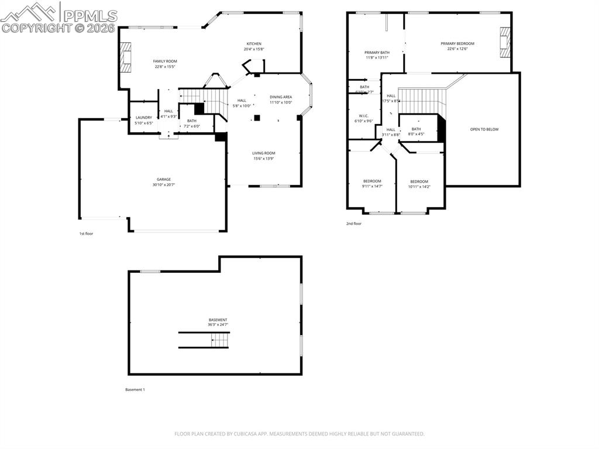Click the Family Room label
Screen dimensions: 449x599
(x=165, y=61)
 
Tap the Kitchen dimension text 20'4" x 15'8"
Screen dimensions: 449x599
(x=254, y=49)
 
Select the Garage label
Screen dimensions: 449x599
(x=164, y=180)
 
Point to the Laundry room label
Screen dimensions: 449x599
(x=144, y=118)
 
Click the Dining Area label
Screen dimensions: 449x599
(x=281, y=97)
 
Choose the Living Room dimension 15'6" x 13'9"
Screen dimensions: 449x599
(x=264, y=159)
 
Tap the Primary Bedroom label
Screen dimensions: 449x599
(x=457, y=43)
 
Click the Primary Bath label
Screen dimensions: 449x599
(x=377, y=53)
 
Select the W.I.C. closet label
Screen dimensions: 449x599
(x=363, y=116)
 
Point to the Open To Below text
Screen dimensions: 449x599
(x=484, y=129)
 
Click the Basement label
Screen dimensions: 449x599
(x=218, y=320)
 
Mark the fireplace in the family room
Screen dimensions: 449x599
(x=125, y=57)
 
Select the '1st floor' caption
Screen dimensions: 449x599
(x=86, y=234)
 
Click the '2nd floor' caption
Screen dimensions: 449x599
(x=354, y=224)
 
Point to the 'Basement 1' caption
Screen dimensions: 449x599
(x=135, y=389)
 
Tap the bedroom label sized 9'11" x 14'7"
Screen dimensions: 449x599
(x=372, y=181)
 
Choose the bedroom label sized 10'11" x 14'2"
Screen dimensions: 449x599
(x=419, y=181)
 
